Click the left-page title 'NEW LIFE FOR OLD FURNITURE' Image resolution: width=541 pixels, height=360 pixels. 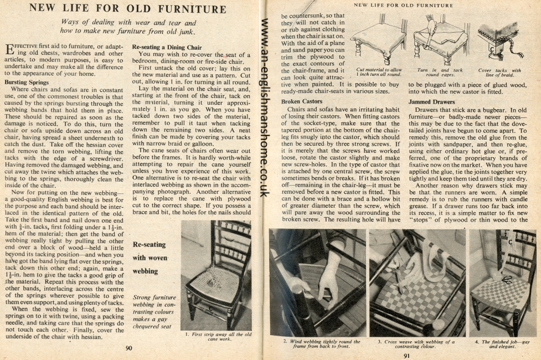pyautogui.click(x=127, y=9)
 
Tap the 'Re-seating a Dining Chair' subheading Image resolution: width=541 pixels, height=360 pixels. pyautogui.click(x=167, y=48)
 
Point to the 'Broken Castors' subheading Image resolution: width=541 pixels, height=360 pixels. pyautogui.click(x=302, y=102)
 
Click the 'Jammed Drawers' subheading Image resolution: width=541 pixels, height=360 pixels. pyautogui.click(x=431, y=102)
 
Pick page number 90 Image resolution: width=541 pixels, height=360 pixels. pyautogui.click(x=128, y=348)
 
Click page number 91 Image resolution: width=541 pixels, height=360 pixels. pyautogui.click(x=406, y=356)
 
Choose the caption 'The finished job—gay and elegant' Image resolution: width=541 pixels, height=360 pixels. pyautogui.click(x=502, y=344)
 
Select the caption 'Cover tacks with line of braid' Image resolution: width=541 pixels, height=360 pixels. pyautogui.click(x=499, y=73)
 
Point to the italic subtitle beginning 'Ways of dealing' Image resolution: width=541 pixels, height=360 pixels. pyautogui.click(x=128, y=27)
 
